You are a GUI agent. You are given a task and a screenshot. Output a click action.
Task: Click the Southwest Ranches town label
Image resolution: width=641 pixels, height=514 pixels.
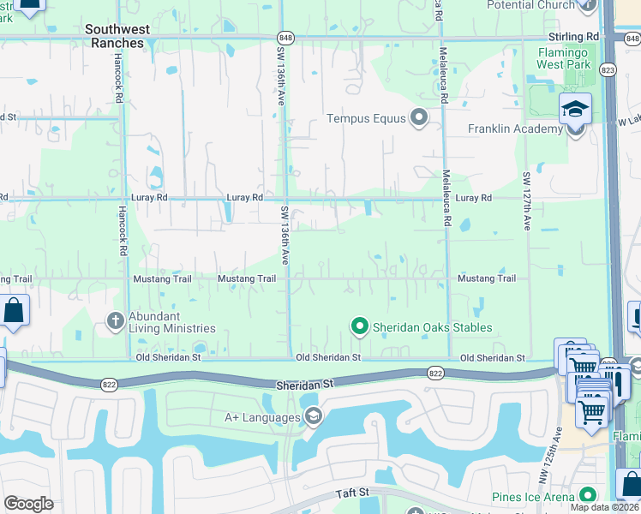click(117, 36)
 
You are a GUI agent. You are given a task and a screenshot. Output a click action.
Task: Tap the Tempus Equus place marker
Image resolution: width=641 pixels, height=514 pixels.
click(419, 118)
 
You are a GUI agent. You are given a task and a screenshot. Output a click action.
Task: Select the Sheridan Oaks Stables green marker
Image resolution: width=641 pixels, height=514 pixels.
click(360, 326)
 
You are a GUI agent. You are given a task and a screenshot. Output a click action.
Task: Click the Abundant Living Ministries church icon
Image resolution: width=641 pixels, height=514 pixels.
click(116, 320)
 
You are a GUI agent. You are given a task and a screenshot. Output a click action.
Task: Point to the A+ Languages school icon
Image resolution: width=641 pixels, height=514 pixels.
click(313, 417)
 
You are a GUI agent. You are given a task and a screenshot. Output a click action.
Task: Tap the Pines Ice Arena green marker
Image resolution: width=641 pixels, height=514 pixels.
click(587, 496)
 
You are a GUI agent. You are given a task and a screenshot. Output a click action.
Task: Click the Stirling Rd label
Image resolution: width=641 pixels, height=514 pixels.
click(574, 38)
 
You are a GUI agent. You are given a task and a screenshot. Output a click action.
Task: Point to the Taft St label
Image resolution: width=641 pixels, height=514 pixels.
click(351, 493)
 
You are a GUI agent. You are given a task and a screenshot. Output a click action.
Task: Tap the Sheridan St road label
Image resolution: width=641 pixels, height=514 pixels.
click(303, 386)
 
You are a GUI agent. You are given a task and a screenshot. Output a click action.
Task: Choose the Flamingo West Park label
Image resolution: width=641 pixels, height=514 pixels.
click(564, 58)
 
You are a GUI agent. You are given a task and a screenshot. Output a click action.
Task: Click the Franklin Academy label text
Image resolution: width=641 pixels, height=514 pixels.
click(515, 129)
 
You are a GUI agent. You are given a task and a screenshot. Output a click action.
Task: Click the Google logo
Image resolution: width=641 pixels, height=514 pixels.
click(28, 504)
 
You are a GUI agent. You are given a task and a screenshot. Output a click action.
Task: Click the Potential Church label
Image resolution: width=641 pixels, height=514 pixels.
click(530, 5)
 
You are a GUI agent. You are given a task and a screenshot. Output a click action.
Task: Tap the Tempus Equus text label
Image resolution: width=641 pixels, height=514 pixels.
click(365, 118)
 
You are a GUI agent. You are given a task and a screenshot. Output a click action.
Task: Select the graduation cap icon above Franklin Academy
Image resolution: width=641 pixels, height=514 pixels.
click(575, 109)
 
